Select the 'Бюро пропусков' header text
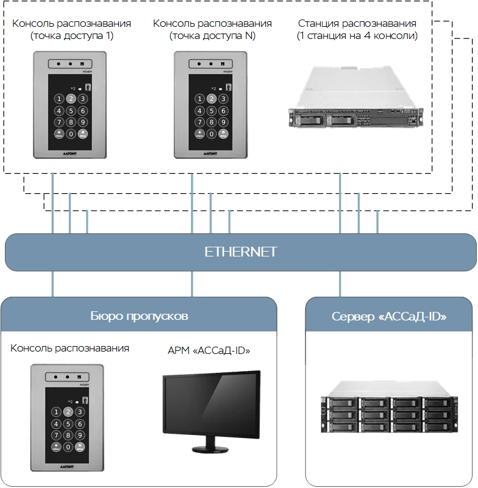pyautogui.click(x=139, y=317)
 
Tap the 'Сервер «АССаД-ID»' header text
pyautogui.click(x=390, y=317)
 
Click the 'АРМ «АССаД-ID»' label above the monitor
pyautogui.click(x=209, y=351)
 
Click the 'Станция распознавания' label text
pyautogui.click(x=357, y=24)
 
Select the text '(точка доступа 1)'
pyautogui.click(x=72, y=36)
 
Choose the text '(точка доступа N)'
pyautogui.click(x=212, y=36)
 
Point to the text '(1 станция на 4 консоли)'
pyautogui.click(x=357, y=36)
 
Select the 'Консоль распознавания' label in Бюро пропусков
pyautogui.click(x=71, y=348)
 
